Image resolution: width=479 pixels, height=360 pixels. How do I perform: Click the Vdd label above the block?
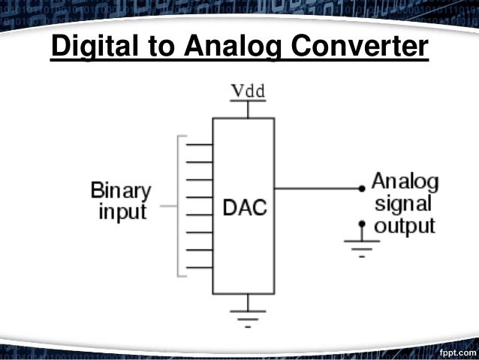coord(247,91)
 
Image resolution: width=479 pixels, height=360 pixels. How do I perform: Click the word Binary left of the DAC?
coord(120,190)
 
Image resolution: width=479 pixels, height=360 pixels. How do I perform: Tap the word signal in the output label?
coord(403,203)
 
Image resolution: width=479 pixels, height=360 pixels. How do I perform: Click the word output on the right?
coord(405,225)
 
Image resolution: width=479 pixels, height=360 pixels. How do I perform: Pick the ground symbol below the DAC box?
coord(247,312)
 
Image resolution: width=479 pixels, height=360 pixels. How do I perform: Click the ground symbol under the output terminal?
coord(361,245)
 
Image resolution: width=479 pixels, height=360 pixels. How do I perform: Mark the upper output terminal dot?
coord(361,187)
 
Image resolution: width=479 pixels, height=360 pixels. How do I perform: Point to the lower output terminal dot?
coord(361,223)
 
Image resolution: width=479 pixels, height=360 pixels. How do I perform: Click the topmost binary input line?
coord(199,144)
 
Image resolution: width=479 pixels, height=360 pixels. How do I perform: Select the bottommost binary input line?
coord(199,268)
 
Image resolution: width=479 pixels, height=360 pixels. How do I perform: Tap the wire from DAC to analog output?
coord(315,187)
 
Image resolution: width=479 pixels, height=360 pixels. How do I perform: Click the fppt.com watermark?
coord(457,351)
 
